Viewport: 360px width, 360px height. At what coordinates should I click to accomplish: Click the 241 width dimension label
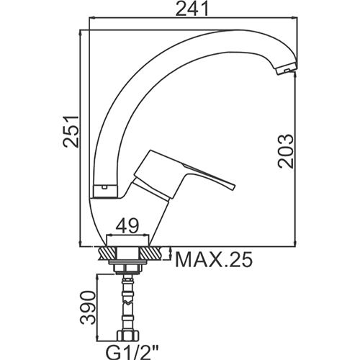(x=192, y=9)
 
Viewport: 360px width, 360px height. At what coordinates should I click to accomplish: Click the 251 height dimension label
(x=71, y=132)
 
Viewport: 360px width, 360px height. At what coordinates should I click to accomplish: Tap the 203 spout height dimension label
(x=286, y=150)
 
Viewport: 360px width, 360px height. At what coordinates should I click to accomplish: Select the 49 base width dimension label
(x=127, y=225)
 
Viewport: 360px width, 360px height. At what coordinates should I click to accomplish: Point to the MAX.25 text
(x=214, y=259)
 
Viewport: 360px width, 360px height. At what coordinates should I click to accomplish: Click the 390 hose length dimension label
(x=88, y=307)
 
